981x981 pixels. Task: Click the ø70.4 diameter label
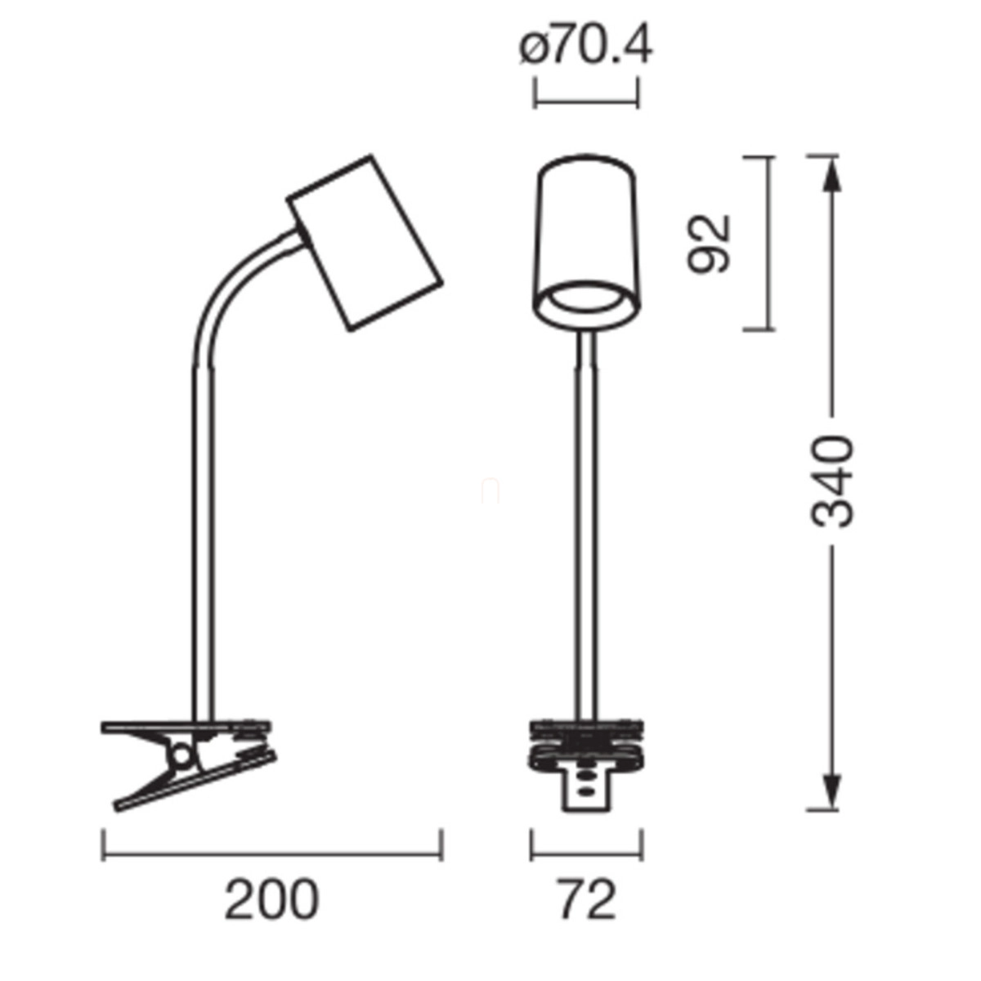tap(585, 48)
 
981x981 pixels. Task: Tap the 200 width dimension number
tap(272, 900)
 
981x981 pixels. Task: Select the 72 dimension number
tap(588, 900)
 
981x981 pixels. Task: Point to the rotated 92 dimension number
tap(709, 244)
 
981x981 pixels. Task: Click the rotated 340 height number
tap(831, 481)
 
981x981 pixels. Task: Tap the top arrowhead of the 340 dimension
tap(831, 174)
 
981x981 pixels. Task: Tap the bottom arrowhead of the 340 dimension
tap(831, 790)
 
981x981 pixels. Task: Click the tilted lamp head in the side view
tap(365, 244)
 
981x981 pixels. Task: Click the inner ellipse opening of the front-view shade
tap(586, 297)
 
